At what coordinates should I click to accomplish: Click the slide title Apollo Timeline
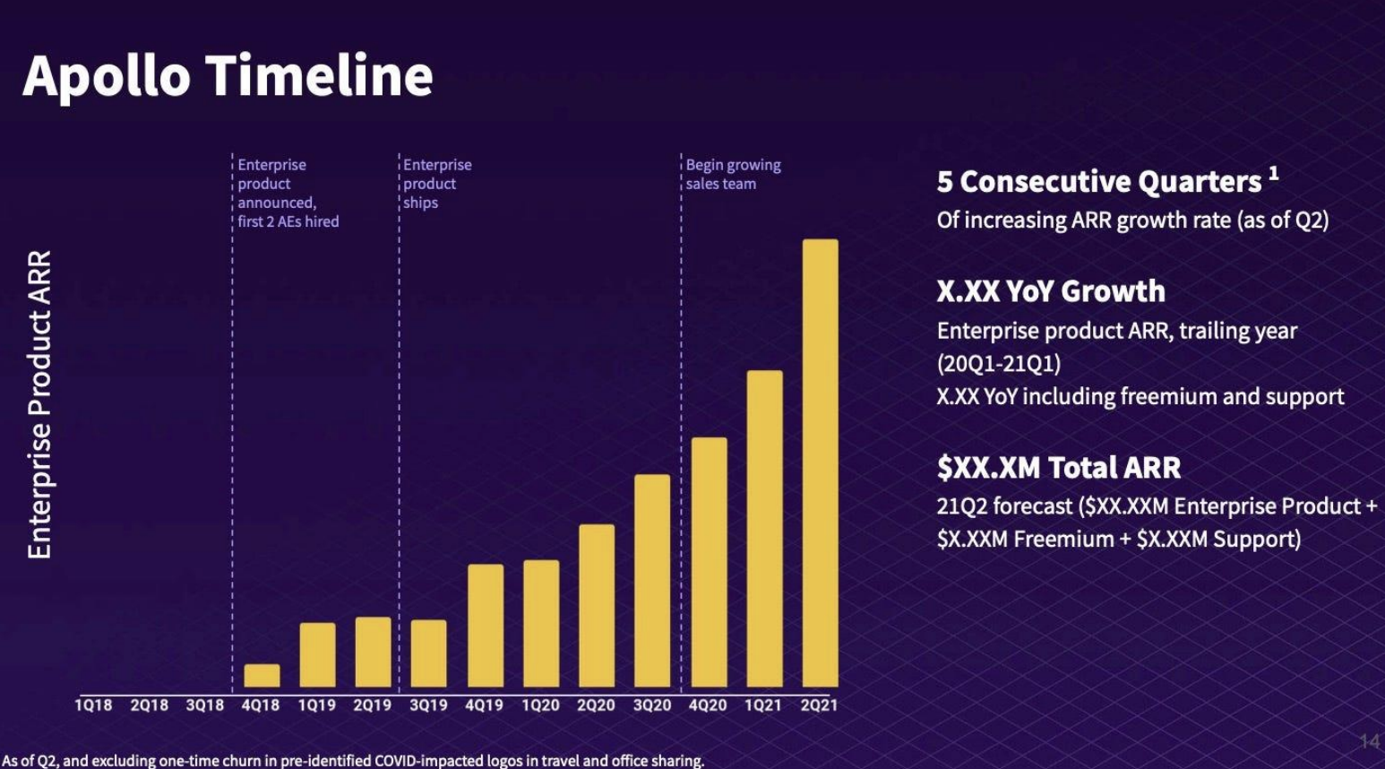click(228, 75)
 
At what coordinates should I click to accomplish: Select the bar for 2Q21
click(820, 462)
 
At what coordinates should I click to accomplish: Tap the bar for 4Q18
click(262, 676)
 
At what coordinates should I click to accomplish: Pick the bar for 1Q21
click(764, 529)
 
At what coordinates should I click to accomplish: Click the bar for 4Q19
click(486, 626)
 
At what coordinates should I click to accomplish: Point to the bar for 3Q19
click(428, 653)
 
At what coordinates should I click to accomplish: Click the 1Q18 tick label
click(93, 705)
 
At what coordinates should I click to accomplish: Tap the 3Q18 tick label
click(204, 705)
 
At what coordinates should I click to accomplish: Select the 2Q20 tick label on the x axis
click(596, 705)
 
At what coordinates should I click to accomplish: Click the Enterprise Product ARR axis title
click(39, 404)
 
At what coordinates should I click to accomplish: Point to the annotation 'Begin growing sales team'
click(733, 174)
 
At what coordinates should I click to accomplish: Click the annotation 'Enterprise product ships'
click(436, 184)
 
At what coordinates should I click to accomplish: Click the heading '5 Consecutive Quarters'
click(1098, 182)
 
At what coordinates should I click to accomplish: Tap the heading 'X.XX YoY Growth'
click(1050, 291)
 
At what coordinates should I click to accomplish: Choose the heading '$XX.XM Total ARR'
click(1058, 467)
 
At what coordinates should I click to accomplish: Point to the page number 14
click(1368, 740)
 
